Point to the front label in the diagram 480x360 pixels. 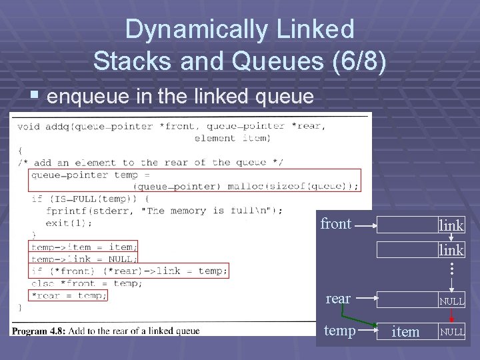[335, 224]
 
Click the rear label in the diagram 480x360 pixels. [338, 299]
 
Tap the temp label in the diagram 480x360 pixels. [339, 330]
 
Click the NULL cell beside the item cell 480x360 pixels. [451, 331]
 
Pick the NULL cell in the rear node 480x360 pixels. [451, 301]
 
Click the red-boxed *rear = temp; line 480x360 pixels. [69, 295]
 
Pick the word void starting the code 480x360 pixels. [29, 126]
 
